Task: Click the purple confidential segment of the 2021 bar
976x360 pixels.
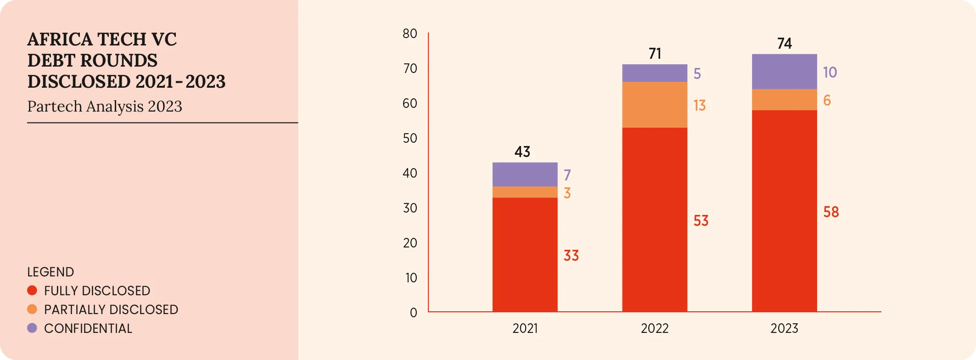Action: (525, 174)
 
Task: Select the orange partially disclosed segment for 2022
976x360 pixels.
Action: (655, 105)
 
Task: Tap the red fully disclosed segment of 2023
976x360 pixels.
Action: (784, 211)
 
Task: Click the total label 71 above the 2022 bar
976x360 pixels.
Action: (655, 54)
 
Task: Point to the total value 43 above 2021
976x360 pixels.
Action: (522, 152)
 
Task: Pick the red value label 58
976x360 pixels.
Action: (831, 212)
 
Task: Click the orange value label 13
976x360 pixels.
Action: (699, 106)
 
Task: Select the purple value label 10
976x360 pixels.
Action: (830, 73)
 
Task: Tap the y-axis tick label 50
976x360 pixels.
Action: (410, 138)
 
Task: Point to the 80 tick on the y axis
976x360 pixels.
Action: (410, 34)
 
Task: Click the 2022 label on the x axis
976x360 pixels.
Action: (655, 328)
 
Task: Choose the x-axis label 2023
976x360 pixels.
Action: (784, 328)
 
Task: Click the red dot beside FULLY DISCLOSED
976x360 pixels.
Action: (32, 291)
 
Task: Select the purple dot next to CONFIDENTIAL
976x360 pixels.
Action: (32, 328)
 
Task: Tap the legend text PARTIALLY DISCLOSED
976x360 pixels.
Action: (111, 309)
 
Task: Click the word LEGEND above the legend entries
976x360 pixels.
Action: (50, 272)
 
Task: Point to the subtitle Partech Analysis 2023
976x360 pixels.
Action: (105, 107)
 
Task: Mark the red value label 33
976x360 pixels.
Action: (571, 256)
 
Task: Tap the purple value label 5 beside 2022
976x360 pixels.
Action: (697, 74)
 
